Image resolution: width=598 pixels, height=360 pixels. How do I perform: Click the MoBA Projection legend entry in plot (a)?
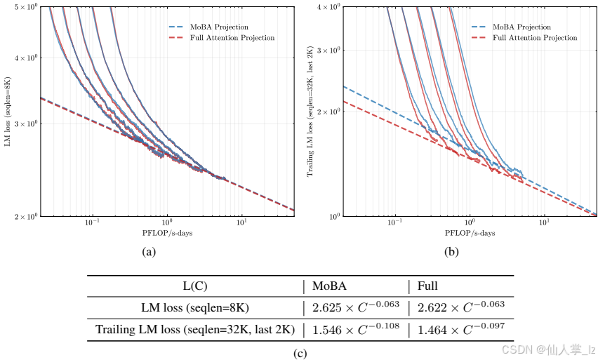[218, 27]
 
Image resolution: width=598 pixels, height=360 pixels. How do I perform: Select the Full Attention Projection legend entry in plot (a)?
[231, 37]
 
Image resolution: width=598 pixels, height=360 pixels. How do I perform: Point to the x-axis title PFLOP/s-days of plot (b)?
[470, 233]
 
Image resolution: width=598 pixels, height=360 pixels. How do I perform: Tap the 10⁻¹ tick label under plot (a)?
[92, 224]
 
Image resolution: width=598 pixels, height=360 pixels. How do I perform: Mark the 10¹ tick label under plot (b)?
[544, 224]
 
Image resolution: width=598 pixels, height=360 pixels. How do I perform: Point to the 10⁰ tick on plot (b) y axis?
[333, 216]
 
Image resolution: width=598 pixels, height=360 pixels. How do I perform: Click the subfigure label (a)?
[148, 251]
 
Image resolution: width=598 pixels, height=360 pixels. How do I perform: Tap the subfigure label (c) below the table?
[300, 353]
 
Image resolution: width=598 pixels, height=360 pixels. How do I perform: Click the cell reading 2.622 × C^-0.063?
[460, 307]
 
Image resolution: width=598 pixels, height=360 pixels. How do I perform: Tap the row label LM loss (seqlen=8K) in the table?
[195, 307]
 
